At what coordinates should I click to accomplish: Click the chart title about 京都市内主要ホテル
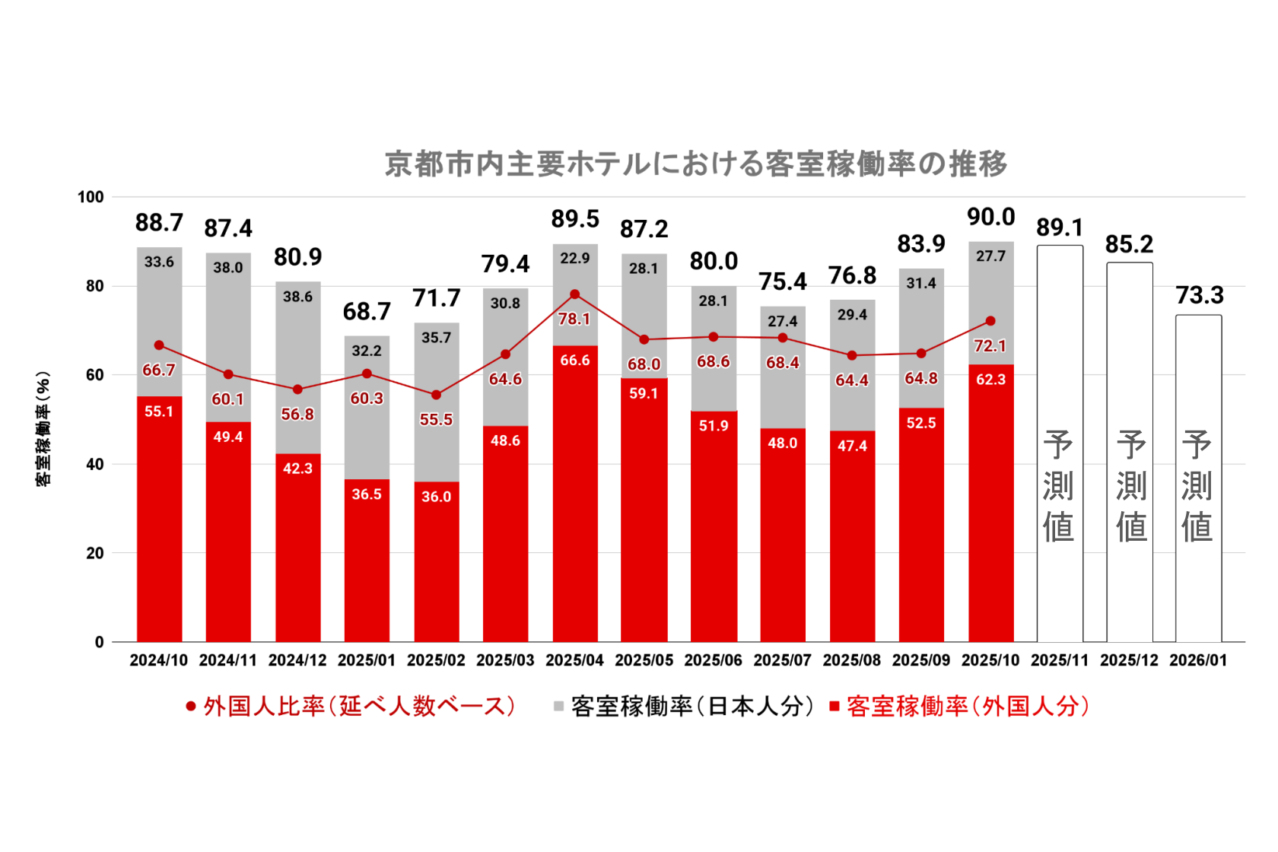[x=695, y=164]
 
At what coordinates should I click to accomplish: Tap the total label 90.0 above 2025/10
[x=990, y=217]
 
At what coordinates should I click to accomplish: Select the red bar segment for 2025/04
[x=575, y=494]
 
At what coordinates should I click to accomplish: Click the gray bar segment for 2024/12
[x=297, y=365]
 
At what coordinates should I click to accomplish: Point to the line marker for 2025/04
[x=575, y=294]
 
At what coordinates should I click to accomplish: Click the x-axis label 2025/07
[x=782, y=660]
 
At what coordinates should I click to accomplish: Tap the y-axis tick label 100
[x=91, y=197]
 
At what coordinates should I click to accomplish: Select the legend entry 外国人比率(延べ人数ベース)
[x=351, y=707]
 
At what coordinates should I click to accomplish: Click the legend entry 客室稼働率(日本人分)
[x=685, y=707]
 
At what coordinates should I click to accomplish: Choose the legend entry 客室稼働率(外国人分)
[x=960, y=707]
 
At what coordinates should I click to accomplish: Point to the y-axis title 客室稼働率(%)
[x=43, y=429]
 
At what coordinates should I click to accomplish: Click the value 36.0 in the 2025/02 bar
[x=436, y=497]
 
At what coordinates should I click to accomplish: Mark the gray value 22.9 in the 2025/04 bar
[x=575, y=259]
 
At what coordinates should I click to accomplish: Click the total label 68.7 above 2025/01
[x=367, y=311]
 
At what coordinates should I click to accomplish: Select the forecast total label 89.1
[x=1060, y=227]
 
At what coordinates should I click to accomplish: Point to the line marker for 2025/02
[x=436, y=395]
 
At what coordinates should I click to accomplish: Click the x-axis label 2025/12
[x=1129, y=660]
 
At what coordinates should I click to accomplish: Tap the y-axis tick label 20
[x=94, y=553]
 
